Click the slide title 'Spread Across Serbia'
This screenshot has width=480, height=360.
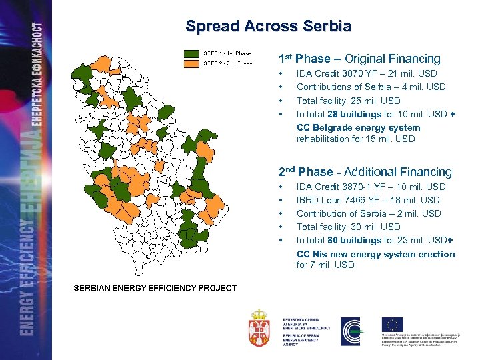pyautogui.click(x=268, y=27)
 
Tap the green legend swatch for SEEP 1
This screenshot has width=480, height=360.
pyautogui.click(x=192, y=53)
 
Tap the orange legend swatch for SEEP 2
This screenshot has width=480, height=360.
pyautogui.click(x=192, y=63)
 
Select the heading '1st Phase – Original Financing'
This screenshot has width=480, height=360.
pyautogui.click(x=359, y=59)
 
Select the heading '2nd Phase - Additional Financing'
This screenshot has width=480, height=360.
pyautogui.click(x=365, y=172)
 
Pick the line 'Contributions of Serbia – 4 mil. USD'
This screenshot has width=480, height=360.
pyautogui.click(x=371, y=87)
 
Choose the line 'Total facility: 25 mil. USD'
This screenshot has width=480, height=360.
pyautogui.click(x=348, y=101)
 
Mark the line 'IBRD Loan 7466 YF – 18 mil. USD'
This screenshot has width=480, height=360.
pyautogui.click(x=368, y=200)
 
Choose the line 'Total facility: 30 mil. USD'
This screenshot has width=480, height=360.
pyautogui.click(x=348, y=227)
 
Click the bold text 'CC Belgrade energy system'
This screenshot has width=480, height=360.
pyautogui.click(x=358, y=127)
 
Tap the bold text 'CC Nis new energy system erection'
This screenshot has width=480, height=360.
pyautogui.click(x=375, y=254)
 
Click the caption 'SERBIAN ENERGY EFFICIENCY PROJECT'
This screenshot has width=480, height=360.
pyautogui.click(x=155, y=288)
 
